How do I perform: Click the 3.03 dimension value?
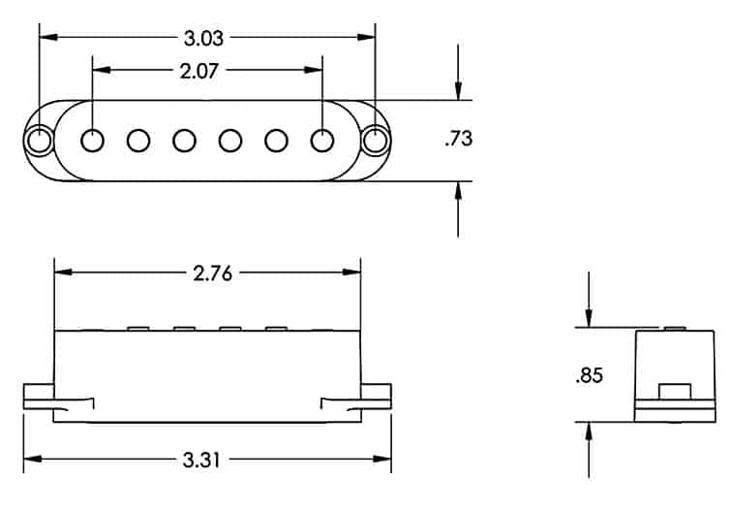click(205, 38)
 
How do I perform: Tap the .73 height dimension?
click(457, 140)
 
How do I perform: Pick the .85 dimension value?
click(588, 374)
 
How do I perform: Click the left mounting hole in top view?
click(40, 140)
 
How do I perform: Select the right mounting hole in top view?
click(375, 140)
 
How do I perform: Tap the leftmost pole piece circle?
click(93, 140)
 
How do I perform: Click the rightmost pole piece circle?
click(321, 140)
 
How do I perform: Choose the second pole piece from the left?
click(138, 140)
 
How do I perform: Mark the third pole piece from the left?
click(184, 140)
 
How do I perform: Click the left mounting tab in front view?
click(39, 394)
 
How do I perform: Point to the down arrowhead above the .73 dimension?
click(457, 92)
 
